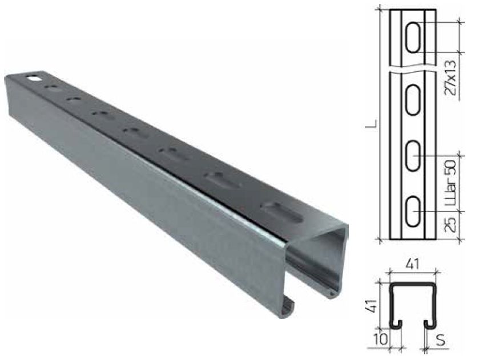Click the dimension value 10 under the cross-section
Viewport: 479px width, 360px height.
[386, 340]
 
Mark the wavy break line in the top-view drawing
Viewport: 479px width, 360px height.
[414, 69]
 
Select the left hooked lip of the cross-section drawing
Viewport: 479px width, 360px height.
[395, 324]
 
